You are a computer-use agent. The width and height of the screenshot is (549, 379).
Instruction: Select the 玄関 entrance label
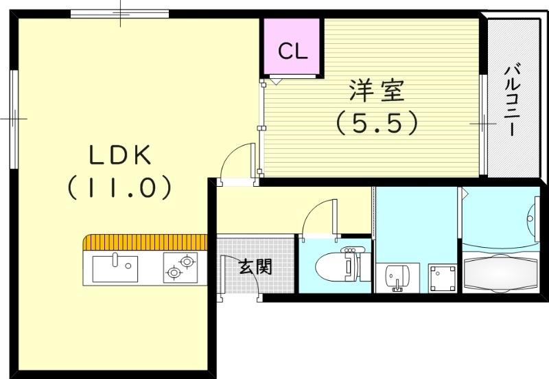point(254,266)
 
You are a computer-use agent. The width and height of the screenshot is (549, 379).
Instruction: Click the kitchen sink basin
point(115,268)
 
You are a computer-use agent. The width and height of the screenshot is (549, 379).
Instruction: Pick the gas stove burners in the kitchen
point(180,266)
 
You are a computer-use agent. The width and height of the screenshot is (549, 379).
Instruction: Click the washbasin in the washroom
point(397,277)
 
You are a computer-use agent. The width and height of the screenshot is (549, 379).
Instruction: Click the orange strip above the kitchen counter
point(145,242)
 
